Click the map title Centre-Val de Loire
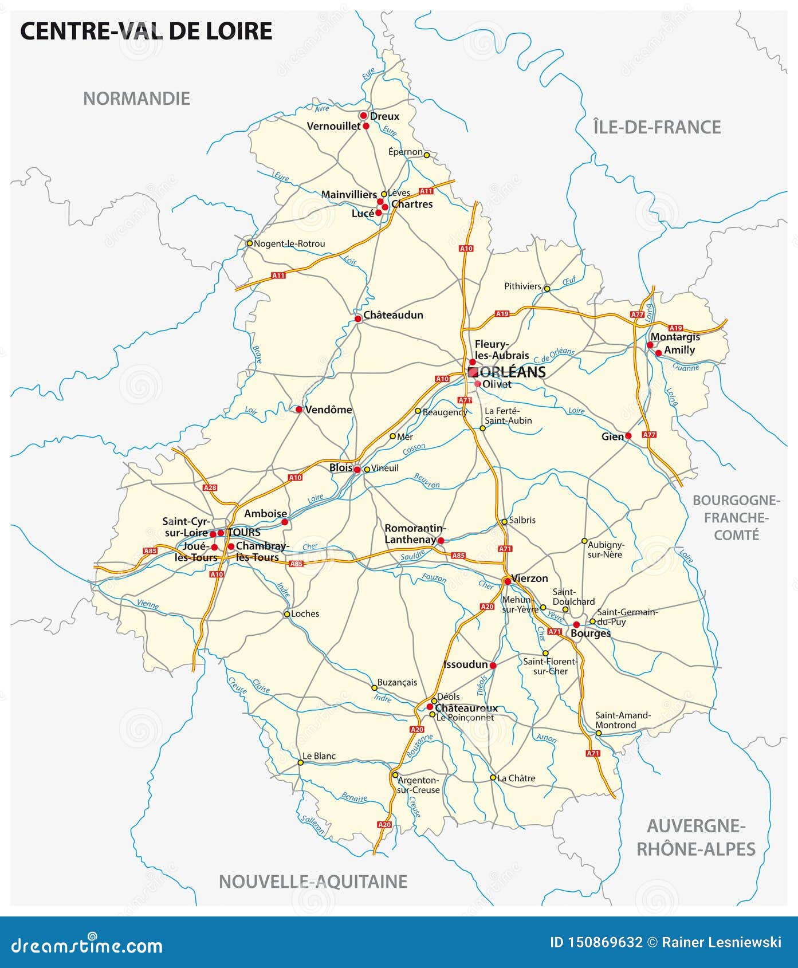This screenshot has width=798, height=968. point(146,31)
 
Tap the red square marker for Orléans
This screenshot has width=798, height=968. point(473,372)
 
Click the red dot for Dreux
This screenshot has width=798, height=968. point(363,115)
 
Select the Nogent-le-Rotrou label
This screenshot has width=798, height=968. point(289,243)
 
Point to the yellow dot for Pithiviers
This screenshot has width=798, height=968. point(547,289)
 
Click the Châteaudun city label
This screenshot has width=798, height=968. point(393,315)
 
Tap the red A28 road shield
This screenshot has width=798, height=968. point(210,488)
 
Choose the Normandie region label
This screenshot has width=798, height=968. point(136,99)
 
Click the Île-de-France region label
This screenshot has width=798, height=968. point(657,127)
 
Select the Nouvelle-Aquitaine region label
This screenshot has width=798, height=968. point(313,881)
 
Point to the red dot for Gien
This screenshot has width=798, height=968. point(628,436)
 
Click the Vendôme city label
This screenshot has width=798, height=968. point(328,410)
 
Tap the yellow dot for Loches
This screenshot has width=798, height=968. point(287,614)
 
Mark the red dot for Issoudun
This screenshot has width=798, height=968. point(493,666)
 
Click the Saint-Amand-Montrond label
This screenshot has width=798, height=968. point(623,720)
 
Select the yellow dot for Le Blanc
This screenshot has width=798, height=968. point(300,762)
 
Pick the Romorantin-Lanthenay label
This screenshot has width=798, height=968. point(415,534)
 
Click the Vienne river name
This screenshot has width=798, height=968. point(148,603)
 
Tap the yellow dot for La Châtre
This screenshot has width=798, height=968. point(493,777)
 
